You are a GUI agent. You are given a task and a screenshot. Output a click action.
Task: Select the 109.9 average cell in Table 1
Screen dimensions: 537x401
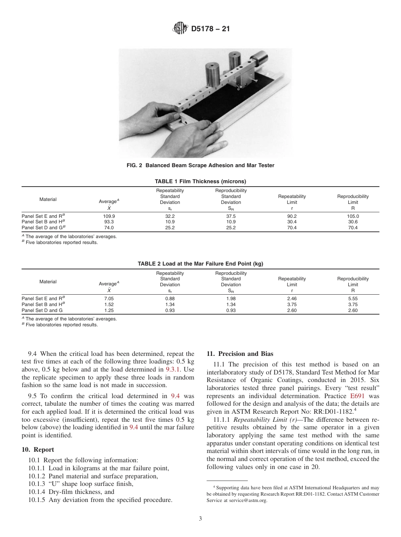tap(109, 216)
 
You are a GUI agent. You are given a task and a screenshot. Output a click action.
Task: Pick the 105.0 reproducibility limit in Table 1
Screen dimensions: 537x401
tap(352, 216)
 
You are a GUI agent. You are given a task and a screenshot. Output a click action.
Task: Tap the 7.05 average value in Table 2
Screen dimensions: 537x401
tap(109, 298)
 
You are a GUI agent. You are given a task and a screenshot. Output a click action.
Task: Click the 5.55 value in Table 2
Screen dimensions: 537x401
tap(352, 298)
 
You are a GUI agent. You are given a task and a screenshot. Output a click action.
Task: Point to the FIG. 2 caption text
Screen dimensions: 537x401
tap(200, 165)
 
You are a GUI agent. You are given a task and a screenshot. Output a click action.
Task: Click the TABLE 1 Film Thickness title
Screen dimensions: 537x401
tap(200, 181)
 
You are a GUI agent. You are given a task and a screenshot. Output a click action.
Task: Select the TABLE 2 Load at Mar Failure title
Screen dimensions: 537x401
tap(200, 263)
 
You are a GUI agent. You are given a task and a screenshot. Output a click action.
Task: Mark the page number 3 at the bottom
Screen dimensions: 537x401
tap(200, 519)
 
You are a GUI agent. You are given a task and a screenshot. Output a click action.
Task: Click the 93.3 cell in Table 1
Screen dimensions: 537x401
tap(109, 222)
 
